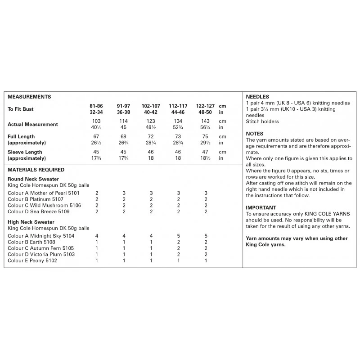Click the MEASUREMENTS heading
pyautogui.click(x=29, y=97)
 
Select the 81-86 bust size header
pyautogui.click(x=97, y=106)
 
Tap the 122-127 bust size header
pyautogui.click(x=206, y=106)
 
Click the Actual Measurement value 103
pyautogui.click(x=97, y=121)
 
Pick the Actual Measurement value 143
pyautogui.click(x=206, y=121)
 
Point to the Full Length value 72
pyautogui.click(x=151, y=137)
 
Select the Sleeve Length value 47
pyautogui.click(x=206, y=152)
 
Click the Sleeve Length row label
pyautogui.click(x=22, y=152)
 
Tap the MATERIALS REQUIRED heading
pyautogui.click(x=36, y=170)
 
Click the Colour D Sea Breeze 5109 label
pyautogui.click(x=38, y=211)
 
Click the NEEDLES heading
pyautogui.click(x=257, y=97)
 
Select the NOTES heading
pyautogui.click(x=255, y=134)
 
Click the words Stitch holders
pyautogui.click(x=262, y=121)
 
